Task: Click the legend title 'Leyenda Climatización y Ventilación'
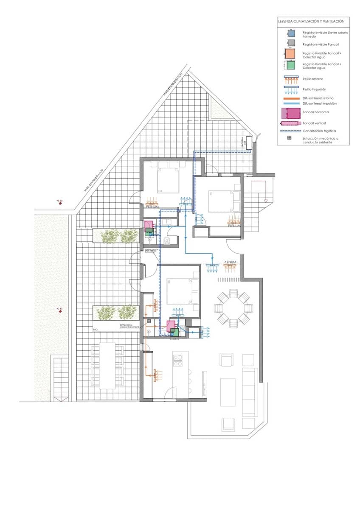(x=311, y=21)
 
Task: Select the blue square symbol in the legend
(x=290, y=33)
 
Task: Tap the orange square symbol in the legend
(x=290, y=53)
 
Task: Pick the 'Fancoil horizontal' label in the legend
(x=315, y=112)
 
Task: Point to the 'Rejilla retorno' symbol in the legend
(x=290, y=79)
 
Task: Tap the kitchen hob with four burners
(x=178, y=361)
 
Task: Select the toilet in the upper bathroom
(x=167, y=241)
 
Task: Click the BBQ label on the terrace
(x=95, y=329)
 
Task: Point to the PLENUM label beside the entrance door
(x=230, y=262)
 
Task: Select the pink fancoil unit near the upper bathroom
(x=148, y=225)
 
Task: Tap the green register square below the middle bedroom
(x=174, y=333)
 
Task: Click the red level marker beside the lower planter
(x=61, y=311)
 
